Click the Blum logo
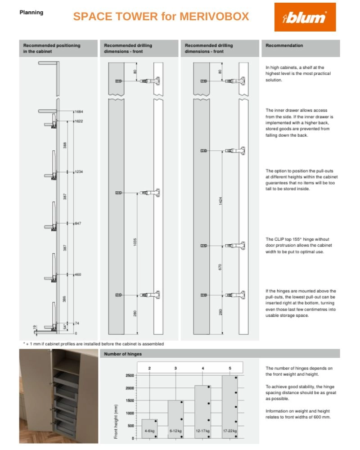[x=305, y=17]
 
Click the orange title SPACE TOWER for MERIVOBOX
[x=161, y=17]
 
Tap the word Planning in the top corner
[x=31, y=12]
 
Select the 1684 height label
[x=79, y=111]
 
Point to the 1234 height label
[x=79, y=172]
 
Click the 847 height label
[x=78, y=223]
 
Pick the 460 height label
[x=78, y=274]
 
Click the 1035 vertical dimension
[x=135, y=242]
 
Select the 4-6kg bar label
[x=149, y=431]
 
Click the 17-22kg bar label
[x=230, y=431]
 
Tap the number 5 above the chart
[x=230, y=368]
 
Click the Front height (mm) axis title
[x=116, y=421]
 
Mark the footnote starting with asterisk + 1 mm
[x=93, y=344]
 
